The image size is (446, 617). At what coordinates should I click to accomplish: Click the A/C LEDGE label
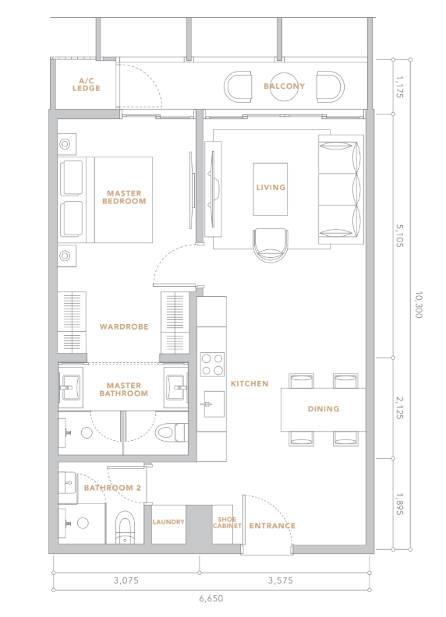pos(87,85)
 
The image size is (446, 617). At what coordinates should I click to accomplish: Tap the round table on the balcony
pos(284,87)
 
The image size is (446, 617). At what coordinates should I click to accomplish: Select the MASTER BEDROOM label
pos(124,197)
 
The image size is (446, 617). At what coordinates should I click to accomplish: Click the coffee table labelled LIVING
pos(271,189)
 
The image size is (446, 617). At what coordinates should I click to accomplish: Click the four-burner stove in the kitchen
pos(212,365)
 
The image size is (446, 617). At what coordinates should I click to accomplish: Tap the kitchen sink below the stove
pos(214,404)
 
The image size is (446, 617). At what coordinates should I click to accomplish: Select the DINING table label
pos(324,409)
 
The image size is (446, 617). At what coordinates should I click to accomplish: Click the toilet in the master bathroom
pos(172,433)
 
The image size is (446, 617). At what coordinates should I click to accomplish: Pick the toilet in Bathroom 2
pos(125,527)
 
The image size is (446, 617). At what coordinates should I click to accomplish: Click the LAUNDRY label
pos(168,522)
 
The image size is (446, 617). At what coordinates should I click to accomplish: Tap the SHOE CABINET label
pos(227,523)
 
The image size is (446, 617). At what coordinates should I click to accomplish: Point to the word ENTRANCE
pos(272,526)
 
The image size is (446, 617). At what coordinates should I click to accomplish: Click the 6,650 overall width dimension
pos(211,598)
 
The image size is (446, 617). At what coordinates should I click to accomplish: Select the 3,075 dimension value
pos(126,580)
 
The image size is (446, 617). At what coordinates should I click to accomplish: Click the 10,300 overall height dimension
pos(419,305)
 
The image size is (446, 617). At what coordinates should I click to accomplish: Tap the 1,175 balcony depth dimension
pos(399,87)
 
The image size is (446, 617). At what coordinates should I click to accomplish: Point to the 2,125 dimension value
pos(399,407)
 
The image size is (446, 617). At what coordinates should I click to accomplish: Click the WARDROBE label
pos(124,326)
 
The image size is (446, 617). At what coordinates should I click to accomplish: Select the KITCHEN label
pos(250,383)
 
